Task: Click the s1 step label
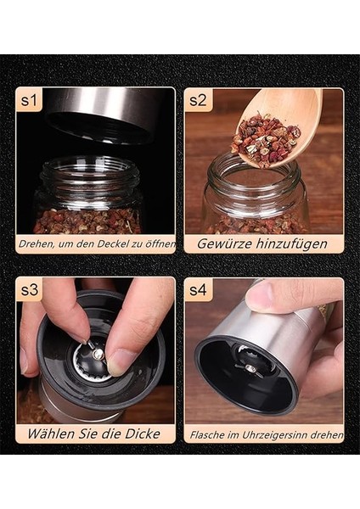pyautogui.click(x=29, y=101)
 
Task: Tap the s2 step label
pyautogui.click(x=198, y=101)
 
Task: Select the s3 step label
pyautogui.click(x=29, y=290)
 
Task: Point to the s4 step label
pyautogui.click(x=198, y=290)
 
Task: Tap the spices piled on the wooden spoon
pyautogui.click(x=266, y=141)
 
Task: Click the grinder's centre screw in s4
pyautogui.click(x=250, y=368)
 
